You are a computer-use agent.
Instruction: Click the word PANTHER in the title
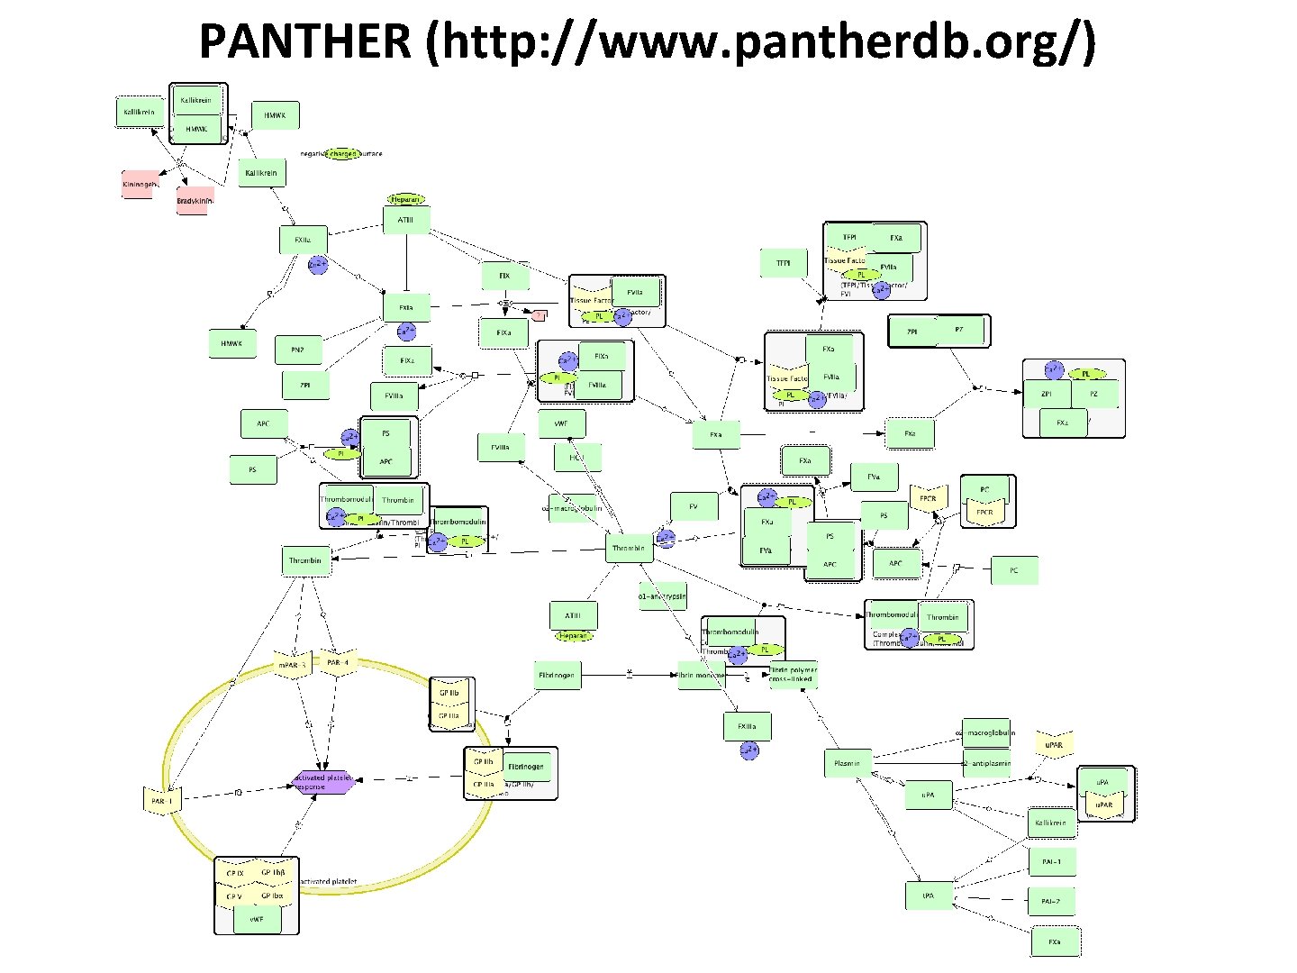click(304, 41)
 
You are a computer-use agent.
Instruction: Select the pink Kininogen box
click(139, 184)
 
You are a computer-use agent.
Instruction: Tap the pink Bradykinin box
click(192, 201)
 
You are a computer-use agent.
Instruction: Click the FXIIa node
click(303, 241)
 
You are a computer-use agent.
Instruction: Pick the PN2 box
click(297, 350)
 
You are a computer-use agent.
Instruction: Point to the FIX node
click(504, 276)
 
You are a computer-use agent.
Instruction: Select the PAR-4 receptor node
click(339, 663)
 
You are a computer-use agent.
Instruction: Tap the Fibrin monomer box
click(701, 675)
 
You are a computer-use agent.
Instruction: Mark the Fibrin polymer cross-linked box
click(794, 675)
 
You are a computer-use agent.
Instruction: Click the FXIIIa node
click(747, 726)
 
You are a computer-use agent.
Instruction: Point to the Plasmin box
click(847, 763)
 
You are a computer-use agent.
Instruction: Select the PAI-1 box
click(1051, 862)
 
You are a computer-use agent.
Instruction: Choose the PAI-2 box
click(1051, 901)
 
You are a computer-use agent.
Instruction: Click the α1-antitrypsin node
click(662, 596)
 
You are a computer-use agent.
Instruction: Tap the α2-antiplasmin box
click(987, 763)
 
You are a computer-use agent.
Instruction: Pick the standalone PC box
click(1014, 570)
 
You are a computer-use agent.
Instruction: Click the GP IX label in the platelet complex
click(235, 873)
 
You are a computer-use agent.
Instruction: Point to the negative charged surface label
click(341, 154)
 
